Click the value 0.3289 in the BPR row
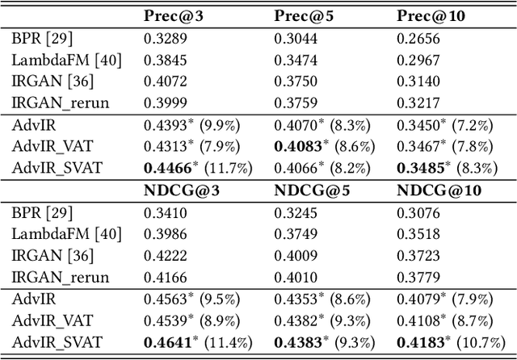click(x=162, y=37)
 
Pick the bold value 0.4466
click(x=166, y=168)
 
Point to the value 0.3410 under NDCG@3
click(x=162, y=213)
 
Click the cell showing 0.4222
click(x=162, y=257)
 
